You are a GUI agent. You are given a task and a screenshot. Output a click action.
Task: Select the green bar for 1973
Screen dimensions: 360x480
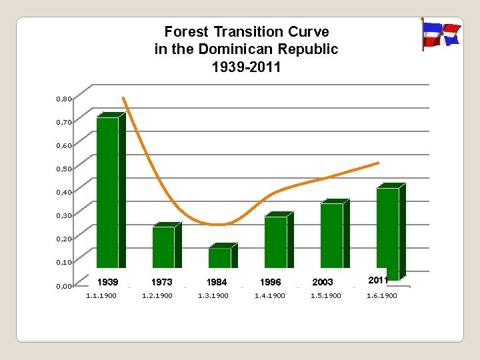[x=163, y=247]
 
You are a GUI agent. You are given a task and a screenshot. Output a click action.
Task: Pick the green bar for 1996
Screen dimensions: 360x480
[x=275, y=242]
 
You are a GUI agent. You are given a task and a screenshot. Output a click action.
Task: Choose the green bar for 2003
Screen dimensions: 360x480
[x=331, y=235]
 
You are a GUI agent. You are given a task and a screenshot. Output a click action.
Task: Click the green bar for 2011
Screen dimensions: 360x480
[x=388, y=230]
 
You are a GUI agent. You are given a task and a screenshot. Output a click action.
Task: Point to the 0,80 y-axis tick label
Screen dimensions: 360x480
[x=64, y=99]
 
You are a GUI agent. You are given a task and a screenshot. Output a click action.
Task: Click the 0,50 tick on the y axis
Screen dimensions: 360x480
[x=64, y=169]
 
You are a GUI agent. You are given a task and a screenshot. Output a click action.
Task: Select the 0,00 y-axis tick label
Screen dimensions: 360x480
[x=64, y=286]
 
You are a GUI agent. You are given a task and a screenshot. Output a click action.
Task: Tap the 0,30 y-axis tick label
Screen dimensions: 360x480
[x=64, y=215]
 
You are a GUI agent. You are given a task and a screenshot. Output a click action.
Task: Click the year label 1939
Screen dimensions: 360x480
[x=108, y=282]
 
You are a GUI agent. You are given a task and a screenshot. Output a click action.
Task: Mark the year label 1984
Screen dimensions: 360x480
[x=217, y=282]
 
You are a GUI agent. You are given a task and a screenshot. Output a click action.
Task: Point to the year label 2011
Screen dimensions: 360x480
[x=378, y=280]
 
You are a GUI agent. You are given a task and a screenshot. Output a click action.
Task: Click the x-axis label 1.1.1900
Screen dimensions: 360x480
[x=101, y=295]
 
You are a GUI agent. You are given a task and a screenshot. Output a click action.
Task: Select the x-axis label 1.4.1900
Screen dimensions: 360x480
[x=270, y=295]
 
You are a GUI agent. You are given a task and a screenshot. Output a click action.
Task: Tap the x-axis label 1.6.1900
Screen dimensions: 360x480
[x=382, y=295]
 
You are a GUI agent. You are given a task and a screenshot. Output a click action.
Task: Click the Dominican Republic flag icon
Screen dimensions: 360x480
[x=441, y=34]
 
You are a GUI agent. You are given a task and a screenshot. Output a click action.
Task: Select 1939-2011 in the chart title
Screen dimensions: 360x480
[x=246, y=67]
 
